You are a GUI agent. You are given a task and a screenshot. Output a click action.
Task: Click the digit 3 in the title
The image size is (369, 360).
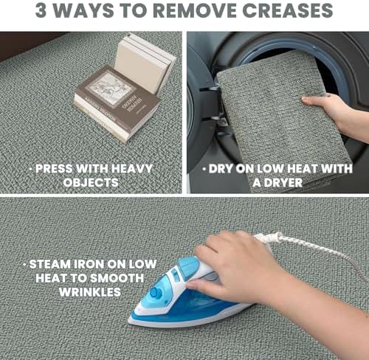coord(41,10)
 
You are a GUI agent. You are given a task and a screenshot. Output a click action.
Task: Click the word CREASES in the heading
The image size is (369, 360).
coord(287,10)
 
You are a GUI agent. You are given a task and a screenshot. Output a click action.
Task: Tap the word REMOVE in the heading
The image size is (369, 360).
coord(196,10)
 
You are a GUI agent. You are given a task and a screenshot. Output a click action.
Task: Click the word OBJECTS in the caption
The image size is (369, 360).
coord(91,182)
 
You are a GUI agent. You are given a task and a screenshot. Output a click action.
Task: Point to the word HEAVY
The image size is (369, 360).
coord(132,169)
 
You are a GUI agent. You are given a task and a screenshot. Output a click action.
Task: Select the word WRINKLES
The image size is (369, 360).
coord(90,292)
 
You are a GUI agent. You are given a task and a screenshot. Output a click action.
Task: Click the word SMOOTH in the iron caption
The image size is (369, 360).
coord(117,278)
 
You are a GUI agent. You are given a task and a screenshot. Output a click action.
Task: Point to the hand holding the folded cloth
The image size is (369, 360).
coord(330,108)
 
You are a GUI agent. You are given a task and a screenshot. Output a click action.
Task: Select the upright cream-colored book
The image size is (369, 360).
coord(142,65)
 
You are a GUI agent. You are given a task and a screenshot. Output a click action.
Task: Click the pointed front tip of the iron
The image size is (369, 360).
coord(129,321)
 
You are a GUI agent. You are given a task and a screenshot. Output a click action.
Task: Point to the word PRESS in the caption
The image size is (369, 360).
coord(54,169)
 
